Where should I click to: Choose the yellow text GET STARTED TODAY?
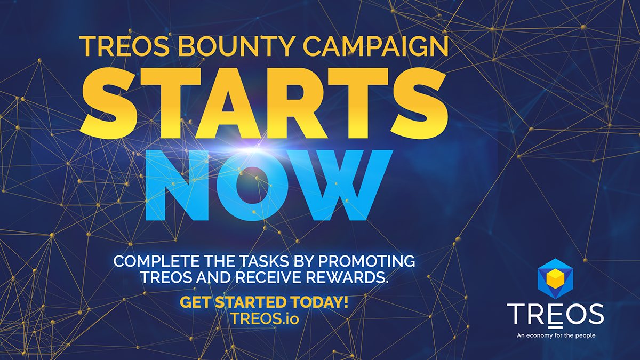[x=264, y=302]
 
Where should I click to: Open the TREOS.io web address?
[x=264, y=317]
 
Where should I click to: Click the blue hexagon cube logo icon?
[x=555, y=280]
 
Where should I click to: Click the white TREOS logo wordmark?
[x=555, y=315]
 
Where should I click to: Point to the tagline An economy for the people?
[x=555, y=336]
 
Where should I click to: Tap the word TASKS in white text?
[x=241, y=262]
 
